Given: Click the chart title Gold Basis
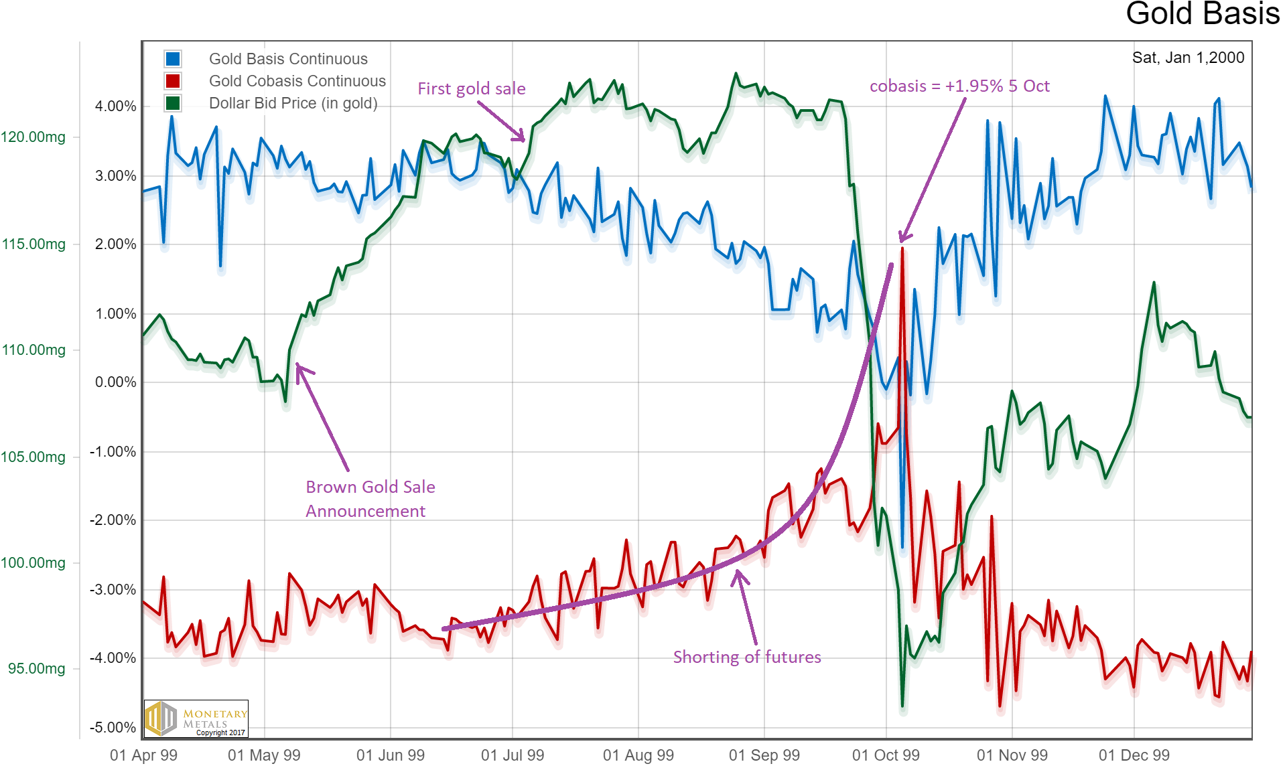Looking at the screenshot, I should pyautogui.click(x=1202, y=13).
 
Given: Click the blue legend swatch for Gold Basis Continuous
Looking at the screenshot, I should pyautogui.click(x=173, y=59).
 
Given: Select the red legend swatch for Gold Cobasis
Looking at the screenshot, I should pyautogui.click(x=173, y=81).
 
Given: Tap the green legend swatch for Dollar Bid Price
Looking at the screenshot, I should pyautogui.click(x=173, y=103).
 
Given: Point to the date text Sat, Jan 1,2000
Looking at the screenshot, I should pyautogui.click(x=1188, y=58).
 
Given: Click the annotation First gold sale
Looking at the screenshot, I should pyautogui.click(x=471, y=88).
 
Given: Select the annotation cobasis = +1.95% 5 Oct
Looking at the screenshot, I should pyautogui.click(x=959, y=86).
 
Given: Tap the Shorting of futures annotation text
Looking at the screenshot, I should pyautogui.click(x=747, y=657).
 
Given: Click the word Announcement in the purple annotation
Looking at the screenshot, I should pyautogui.click(x=365, y=512).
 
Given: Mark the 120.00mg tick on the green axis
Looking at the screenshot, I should pyautogui.click(x=33, y=137).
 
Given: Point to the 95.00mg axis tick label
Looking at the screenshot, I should pyautogui.click(x=37, y=669).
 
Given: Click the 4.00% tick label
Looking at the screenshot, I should pyautogui.click(x=115, y=106).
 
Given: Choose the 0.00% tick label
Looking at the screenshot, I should pyautogui.click(x=115, y=382).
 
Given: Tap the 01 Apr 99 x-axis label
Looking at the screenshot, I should pyautogui.click(x=143, y=755).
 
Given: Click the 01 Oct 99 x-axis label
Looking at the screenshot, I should pyautogui.click(x=886, y=755).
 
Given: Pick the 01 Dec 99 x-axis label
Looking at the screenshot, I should pyautogui.click(x=1134, y=755).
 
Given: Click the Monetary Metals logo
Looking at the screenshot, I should pyautogui.click(x=196, y=718).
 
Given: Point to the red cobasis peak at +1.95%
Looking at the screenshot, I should pyautogui.click(x=902, y=248).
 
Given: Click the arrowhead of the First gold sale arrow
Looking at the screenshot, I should pyautogui.click(x=523, y=139).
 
